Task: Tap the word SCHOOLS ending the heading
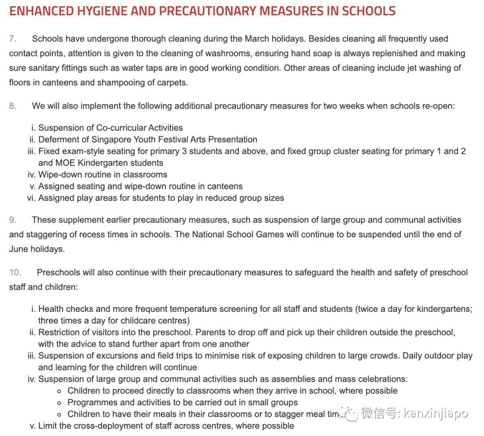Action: tap(368, 11)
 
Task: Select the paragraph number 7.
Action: tap(13, 39)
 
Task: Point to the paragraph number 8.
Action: tap(13, 106)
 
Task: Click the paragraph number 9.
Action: tap(13, 220)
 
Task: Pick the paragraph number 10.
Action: tap(15, 272)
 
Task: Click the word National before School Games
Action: tap(211, 234)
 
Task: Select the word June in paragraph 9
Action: tap(18, 249)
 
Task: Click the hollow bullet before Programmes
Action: tap(60, 402)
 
